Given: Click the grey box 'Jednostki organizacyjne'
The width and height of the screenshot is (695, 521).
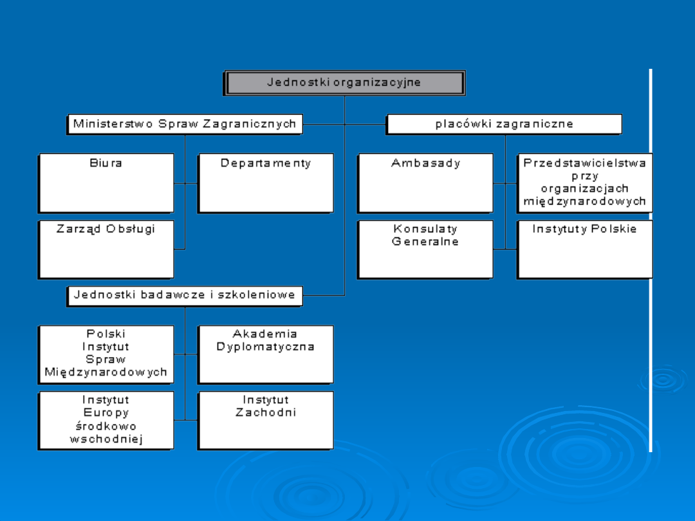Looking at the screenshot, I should (344, 83).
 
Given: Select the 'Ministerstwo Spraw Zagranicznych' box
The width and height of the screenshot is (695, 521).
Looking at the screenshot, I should (185, 124).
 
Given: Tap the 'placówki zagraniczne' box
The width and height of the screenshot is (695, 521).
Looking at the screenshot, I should (504, 124).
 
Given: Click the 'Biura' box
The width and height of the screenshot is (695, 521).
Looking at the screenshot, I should (106, 183).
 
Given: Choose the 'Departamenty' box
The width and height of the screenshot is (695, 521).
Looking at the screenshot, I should (265, 183).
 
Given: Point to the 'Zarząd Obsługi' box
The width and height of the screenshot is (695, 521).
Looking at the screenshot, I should (106, 249).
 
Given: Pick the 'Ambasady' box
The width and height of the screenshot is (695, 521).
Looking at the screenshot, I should (425, 183).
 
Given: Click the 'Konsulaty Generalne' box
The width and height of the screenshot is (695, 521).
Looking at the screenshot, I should (425, 249).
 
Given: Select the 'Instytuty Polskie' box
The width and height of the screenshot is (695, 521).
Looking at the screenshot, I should (584, 249).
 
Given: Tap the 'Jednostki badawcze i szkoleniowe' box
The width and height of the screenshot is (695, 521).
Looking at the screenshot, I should (185, 295).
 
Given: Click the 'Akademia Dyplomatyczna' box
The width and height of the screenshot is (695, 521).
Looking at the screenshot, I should (265, 354).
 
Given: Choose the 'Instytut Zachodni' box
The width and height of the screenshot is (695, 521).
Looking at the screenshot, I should (265, 420).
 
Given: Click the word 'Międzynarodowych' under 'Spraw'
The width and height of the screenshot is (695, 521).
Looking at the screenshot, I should (106, 372).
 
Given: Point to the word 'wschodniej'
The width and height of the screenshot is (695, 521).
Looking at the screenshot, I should (106, 439).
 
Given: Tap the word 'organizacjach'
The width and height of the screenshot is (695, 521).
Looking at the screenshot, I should (584, 188).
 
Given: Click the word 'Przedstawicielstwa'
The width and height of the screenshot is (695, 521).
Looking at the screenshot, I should (584, 163).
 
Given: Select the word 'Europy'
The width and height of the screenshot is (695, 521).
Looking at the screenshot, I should (106, 413).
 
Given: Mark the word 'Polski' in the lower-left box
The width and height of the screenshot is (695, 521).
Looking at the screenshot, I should (106, 334).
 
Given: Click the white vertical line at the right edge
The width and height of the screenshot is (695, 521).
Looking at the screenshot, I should (651, 257).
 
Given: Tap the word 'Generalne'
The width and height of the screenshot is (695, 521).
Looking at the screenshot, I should (425, 242).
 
